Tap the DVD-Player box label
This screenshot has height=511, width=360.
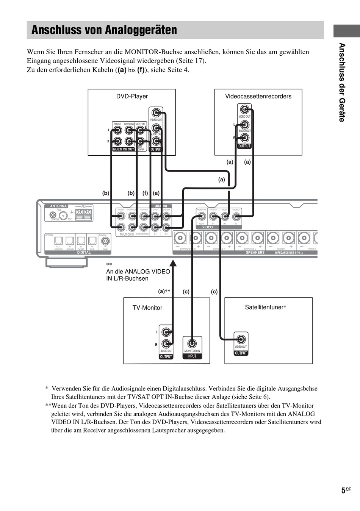point(132,96)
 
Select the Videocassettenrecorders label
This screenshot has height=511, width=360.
point(258,96)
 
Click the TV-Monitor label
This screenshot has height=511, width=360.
point(147,308)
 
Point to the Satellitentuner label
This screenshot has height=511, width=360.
point(264,307)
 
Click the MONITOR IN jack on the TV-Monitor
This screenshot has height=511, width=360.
point(192,344)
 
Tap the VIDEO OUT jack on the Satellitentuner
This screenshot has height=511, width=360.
point(241,339)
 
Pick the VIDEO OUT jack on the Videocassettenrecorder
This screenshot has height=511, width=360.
point(245,110)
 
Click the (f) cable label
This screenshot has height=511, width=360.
point(145,193)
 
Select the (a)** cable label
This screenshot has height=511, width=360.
point(164,291)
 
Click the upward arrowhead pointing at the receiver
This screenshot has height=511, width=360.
point(173,263)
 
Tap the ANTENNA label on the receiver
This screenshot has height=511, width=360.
point(58,206)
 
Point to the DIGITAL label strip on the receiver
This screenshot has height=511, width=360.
point(84,252)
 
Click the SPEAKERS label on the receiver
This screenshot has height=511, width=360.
point(255,252)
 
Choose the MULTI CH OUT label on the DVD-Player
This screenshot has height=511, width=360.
point(124,149)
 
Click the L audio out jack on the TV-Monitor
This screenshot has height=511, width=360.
point(166,332)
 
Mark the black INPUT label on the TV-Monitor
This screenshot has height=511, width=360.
point(192,356)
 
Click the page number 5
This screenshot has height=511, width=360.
point(343,491)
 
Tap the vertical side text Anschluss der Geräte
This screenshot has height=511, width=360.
point(342,83)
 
